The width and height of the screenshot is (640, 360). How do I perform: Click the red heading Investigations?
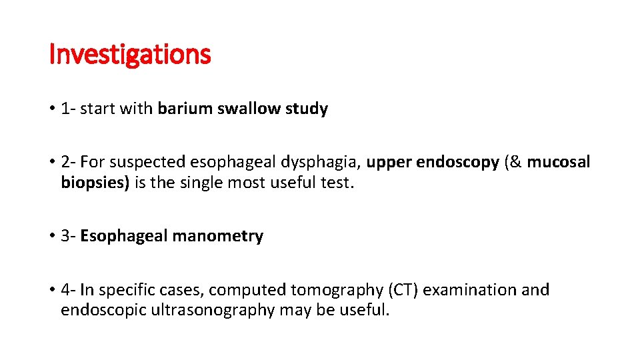point(130,55)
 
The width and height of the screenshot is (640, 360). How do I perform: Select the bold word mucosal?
point(559,162)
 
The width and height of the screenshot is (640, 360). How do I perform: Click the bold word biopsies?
point(95,183)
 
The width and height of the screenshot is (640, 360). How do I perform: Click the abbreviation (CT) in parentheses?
point(402,290)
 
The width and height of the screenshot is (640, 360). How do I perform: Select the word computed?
point(246,290)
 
